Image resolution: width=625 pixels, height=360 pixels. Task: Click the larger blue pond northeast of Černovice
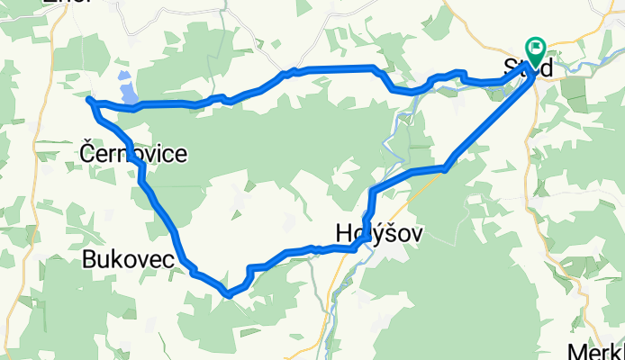pyautogui.click(x=130, y=93)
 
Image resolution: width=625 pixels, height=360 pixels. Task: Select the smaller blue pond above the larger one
pyautogui.click(x=124, y=76)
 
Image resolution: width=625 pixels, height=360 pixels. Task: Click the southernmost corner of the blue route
pyautogui.click(x=229, y=293)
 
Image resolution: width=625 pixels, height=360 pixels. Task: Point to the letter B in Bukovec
pyautogui.click(x=87, y=260)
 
